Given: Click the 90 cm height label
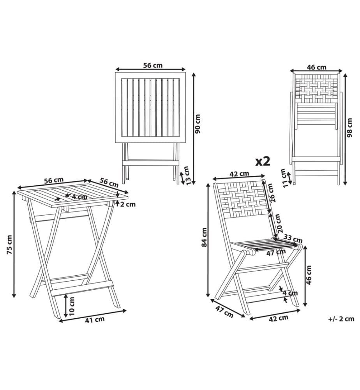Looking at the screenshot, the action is tap(198, 124).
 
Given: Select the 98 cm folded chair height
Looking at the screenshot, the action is tap(350, 128).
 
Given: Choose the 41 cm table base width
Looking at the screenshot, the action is tap(95, 320).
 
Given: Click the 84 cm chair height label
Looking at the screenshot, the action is tap(204, 237).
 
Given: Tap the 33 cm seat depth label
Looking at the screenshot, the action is tap(293, 239).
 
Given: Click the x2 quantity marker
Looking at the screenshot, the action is tap(263, 162).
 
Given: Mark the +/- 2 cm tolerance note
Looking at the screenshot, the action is tap(341, 319).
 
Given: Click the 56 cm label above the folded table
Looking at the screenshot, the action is tap(153, 65).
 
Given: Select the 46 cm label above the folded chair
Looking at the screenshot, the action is tap(316, 67).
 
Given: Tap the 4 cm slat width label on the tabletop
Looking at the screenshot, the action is tap(79, 197).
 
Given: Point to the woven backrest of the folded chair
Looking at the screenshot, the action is tap(316, 89).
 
